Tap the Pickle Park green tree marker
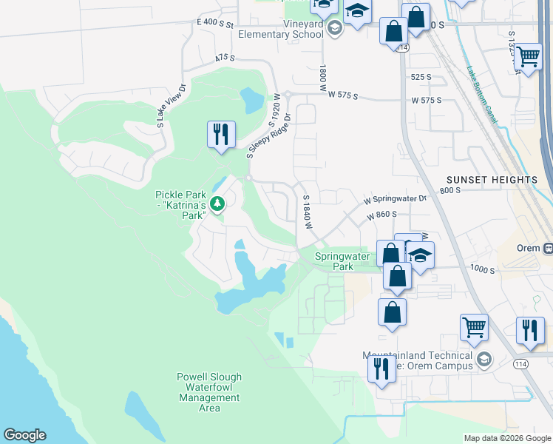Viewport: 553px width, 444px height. coord(217,203)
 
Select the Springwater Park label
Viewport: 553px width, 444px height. coord(342,261)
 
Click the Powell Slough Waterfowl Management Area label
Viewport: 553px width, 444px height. coord(209,392)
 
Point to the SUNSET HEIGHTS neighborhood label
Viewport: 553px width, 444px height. coord(492,180)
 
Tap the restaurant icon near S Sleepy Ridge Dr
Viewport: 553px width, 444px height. coord(221,134)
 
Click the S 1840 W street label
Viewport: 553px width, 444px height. coord(305,212)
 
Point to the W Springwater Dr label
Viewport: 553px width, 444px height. coord(396,199)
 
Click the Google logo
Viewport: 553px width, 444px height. coord(24,435)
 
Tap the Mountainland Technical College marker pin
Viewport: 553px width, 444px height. coord(484,360)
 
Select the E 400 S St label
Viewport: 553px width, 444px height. coord(215,23)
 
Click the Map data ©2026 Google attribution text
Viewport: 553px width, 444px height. coord(506,438)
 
